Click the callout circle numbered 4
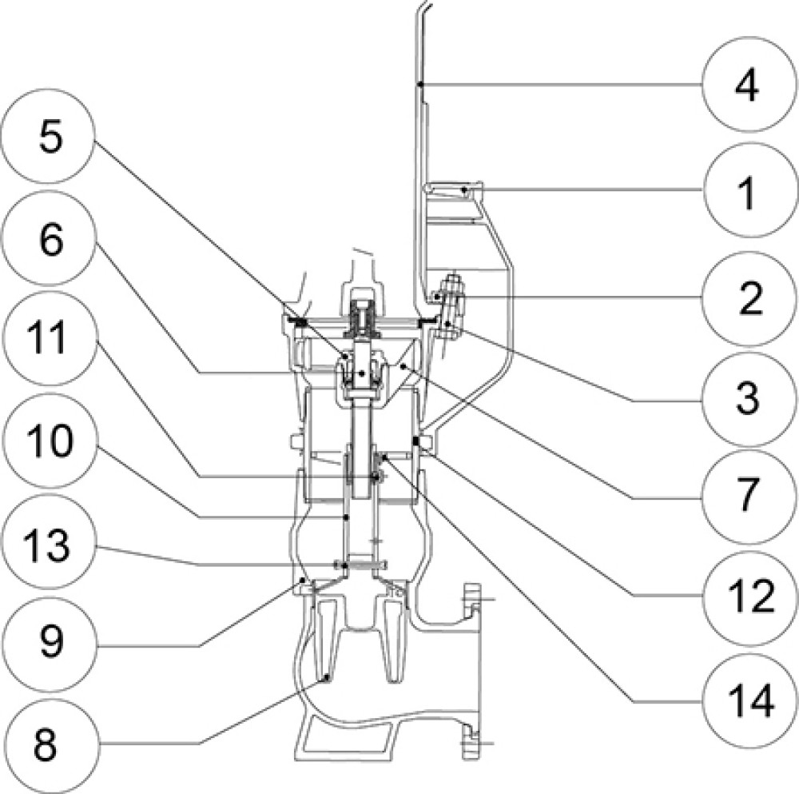point(746,86)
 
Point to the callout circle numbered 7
point(746,496)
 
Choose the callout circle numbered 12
point(746,596)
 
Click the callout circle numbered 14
point(746,701)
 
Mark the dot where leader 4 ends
point(418,83)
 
